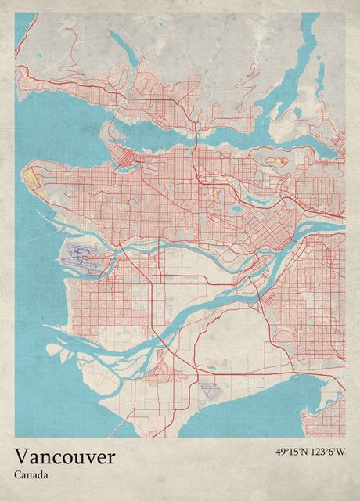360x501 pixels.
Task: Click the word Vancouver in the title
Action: point(64,456)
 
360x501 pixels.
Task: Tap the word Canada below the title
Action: point(31,474)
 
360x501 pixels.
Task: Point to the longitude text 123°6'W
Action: point(328,452)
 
